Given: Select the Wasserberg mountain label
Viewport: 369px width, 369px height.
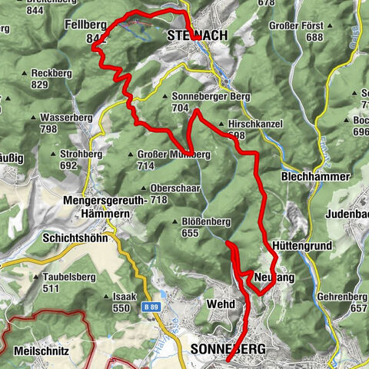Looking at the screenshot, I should point(58,118).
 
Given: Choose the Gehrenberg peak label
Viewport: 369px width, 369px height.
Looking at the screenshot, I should point(339,296).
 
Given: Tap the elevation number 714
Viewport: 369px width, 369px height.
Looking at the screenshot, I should point(146,165).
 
